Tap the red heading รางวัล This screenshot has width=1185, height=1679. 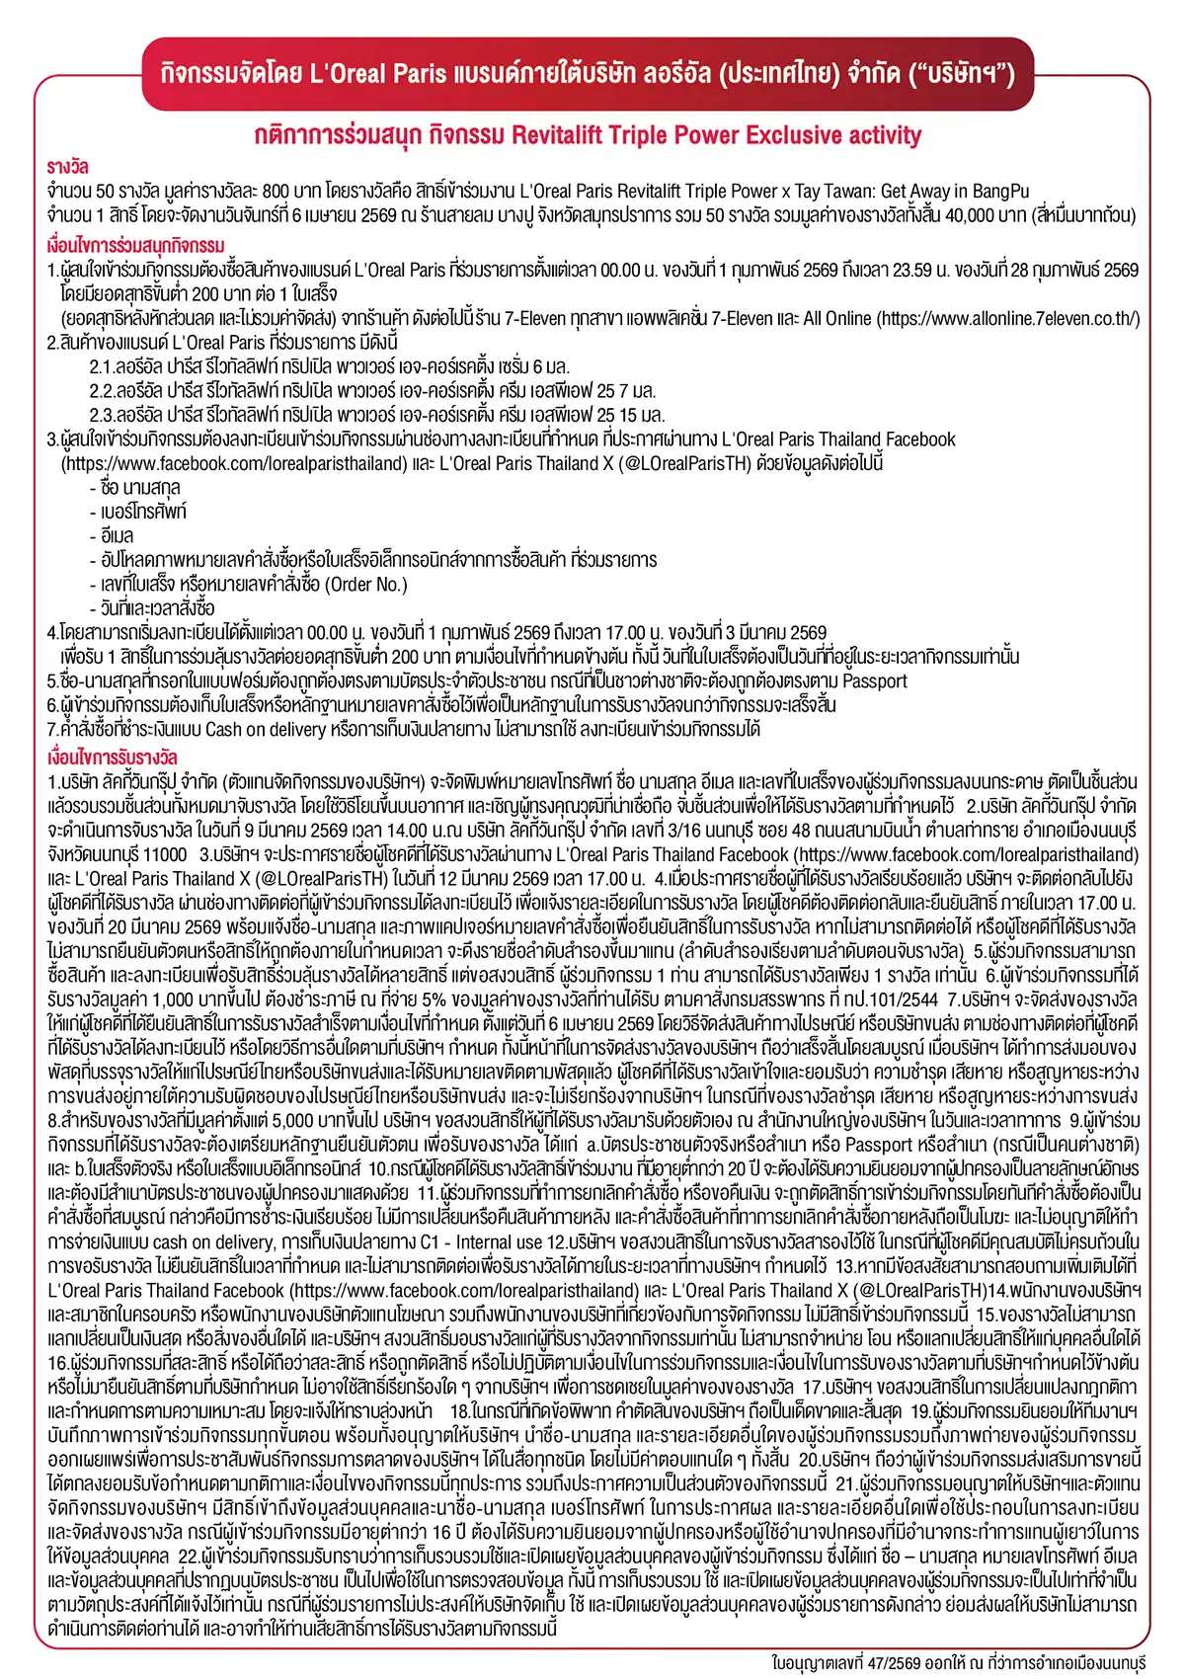(x=67, y=167)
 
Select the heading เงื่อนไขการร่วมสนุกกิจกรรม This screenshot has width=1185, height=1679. (x=135, y=245)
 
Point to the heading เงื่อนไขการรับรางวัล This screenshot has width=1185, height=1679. (x=113, y=758)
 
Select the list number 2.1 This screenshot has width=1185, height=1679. (x=102, y=367)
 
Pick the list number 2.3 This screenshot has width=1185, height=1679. (x=102, y=416)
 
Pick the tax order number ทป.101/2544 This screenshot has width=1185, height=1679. (x=877, y=999)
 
